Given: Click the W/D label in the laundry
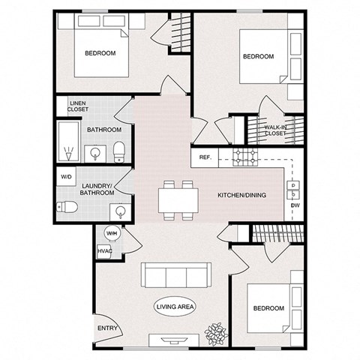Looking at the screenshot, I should tap(66, 178).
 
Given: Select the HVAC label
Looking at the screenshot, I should tap(104, 250).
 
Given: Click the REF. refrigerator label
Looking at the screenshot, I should tap(205, 158).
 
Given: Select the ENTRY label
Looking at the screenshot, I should tap(106, 328).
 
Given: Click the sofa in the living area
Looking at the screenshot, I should tap(175, 277).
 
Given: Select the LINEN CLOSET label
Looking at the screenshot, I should tap(78, 106).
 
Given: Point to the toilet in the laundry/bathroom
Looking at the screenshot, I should tap(66, 206).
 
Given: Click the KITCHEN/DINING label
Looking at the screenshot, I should tap(240, 194).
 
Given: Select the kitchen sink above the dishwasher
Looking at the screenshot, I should tap(292, 185).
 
